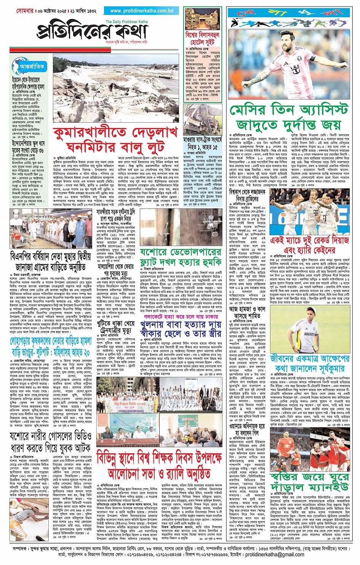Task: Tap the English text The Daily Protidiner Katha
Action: [x=126, y=22]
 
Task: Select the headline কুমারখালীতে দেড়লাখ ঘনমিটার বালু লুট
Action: [x=116, y=139]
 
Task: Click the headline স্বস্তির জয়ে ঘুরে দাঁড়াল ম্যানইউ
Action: [x=310, y=482]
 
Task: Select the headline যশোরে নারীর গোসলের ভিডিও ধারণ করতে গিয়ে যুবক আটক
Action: [x=51, y=441]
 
